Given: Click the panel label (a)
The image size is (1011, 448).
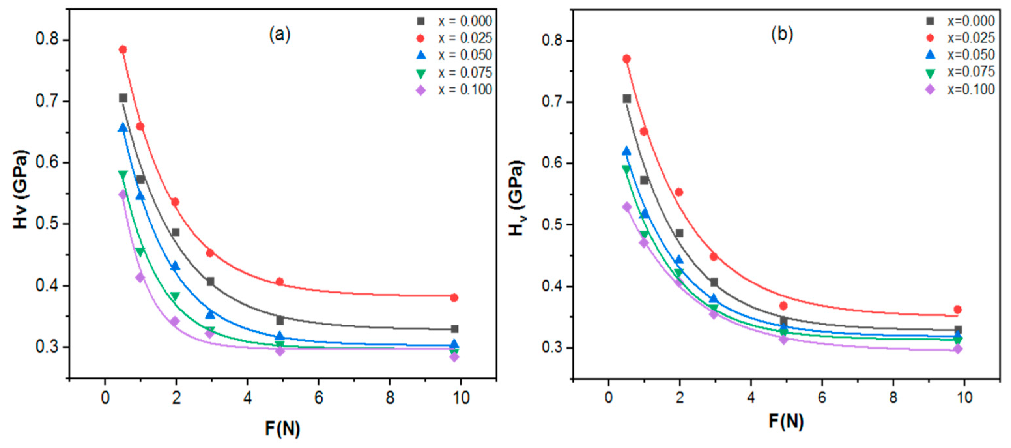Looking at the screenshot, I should coord(279,35).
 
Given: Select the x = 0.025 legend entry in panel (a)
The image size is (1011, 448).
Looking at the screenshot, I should coord(455,38).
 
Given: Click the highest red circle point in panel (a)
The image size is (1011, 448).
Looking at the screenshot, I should coord(123,50).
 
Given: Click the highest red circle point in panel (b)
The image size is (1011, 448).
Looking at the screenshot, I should coord(627,59).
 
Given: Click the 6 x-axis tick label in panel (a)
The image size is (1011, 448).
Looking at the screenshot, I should coord(319,398).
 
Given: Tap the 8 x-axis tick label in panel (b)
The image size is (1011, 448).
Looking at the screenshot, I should coord(893,397).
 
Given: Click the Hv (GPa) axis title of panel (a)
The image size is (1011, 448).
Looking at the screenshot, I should coord(21,189).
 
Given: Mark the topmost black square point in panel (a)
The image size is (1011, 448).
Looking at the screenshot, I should coord(123,98).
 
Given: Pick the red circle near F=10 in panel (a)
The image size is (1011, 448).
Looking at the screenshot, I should coord(454,297).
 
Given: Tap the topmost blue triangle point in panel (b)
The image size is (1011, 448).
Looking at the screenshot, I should coord(627,151).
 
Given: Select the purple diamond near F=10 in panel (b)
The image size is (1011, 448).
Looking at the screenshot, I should coord(958,349).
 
